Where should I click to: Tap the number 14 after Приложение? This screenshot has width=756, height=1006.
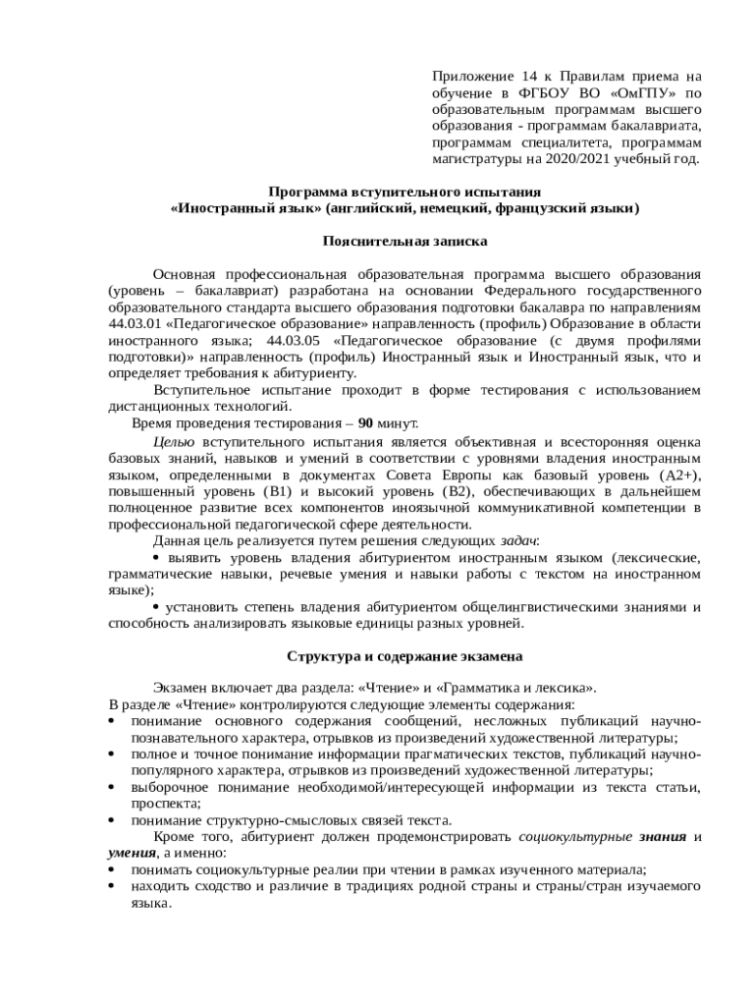click(x=531, y=77)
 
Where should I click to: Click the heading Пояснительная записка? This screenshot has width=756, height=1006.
click(x=405, y=240)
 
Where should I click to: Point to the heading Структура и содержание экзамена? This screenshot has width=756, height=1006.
click(x=405, y=655)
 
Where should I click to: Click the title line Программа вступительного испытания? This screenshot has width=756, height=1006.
click(x=405, y=192)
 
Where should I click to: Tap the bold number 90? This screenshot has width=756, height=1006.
click(x=365, y=423)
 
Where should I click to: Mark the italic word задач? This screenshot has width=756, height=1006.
click(x=518, y=540)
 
